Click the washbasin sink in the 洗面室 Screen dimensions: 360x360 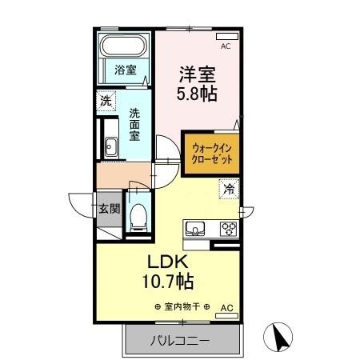pos(110,147)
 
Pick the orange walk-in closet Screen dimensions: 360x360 pos(211,154)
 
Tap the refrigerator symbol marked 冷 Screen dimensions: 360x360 pos(230,190)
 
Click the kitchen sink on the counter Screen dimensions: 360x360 pos(194,228)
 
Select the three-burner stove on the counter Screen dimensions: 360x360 pos(228,228)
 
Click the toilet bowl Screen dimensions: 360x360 pos(138,214)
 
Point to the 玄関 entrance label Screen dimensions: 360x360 pos(109,210)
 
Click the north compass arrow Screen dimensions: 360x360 pos(279,336)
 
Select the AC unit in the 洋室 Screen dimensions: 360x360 pos(227,36)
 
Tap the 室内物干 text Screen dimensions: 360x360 pos(182,307)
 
